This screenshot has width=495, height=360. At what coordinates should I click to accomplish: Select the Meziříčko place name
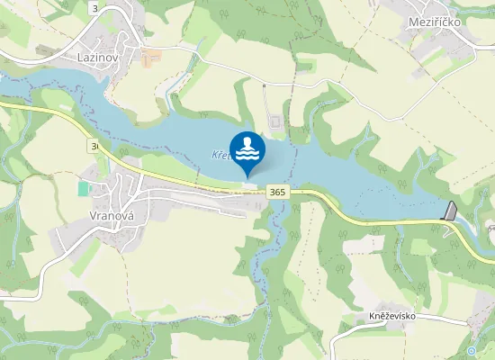pyautogui.click(x=435, y=21)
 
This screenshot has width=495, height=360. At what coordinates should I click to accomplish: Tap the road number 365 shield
pyautogui.click(x=276, y=192)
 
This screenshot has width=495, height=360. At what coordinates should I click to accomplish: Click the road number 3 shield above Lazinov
pyautogui.click(x=95, y=7)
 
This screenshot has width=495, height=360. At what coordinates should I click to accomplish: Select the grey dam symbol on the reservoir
pyautogui.click(x=451, y=211)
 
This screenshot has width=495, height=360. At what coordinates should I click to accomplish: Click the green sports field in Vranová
pyautogui.click(x=84, y=189)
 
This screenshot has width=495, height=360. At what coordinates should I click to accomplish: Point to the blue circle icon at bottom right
pyautogui.click(x=472, y=351)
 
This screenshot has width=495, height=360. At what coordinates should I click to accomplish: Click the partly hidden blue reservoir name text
pyautogui.click(x=221, y=155)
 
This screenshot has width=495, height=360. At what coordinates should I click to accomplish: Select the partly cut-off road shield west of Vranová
pyautogui.click(x=94, y=145)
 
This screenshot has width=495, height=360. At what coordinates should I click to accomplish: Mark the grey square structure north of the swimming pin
pyautogui.click(x=274, y=121)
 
